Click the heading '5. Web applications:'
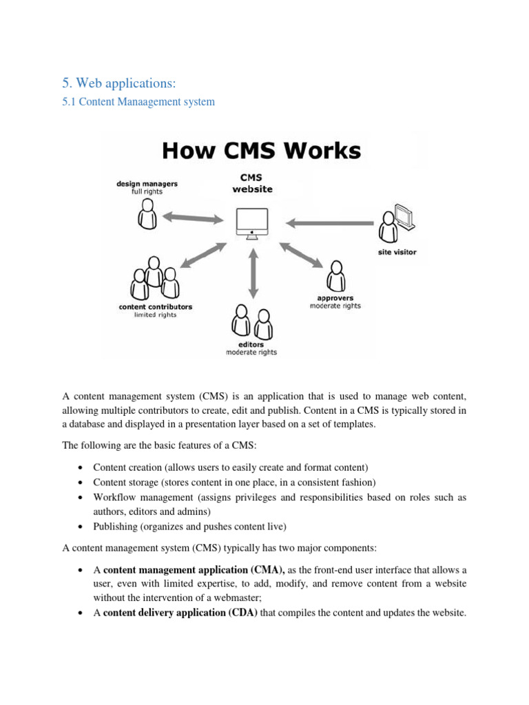119,83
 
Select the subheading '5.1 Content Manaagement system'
138,102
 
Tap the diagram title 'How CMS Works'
260,150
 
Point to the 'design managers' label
147,184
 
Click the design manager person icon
147,215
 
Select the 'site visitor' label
397,252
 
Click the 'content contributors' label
156,306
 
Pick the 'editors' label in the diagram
251,345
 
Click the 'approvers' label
335,298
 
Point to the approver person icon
336,276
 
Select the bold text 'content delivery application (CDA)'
180,613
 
